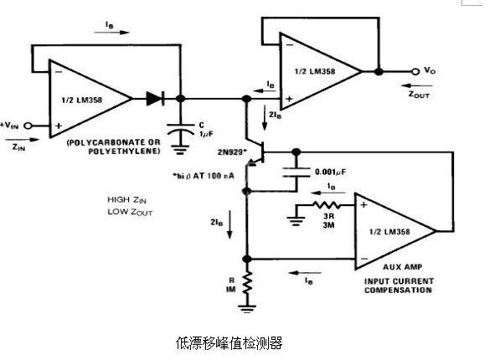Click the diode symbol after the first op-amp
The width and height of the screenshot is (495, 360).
(154, 98)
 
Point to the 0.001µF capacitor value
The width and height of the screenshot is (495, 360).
(331, 173)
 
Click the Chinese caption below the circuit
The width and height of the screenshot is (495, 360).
(229, 342)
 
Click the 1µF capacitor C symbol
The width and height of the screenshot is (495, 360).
(183, 129)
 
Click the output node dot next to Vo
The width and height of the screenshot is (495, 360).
(379, 72)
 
